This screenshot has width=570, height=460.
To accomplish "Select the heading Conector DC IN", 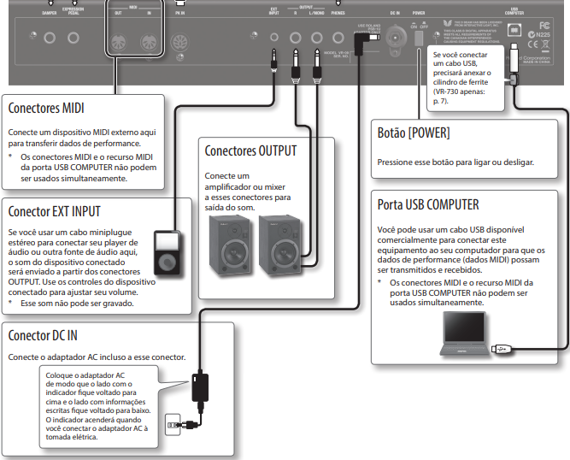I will click(x=43, y=335).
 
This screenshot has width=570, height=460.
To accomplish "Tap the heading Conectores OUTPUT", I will click(x=250, y=151).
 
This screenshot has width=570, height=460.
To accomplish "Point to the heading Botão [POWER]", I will click(x=414, y=133).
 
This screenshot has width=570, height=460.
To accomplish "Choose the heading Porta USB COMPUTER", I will click(x=428, y=205).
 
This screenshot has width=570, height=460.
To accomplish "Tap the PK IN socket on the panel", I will click(x=179, y=41).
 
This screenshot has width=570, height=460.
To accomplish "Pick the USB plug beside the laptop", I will click(x=503, y=348).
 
